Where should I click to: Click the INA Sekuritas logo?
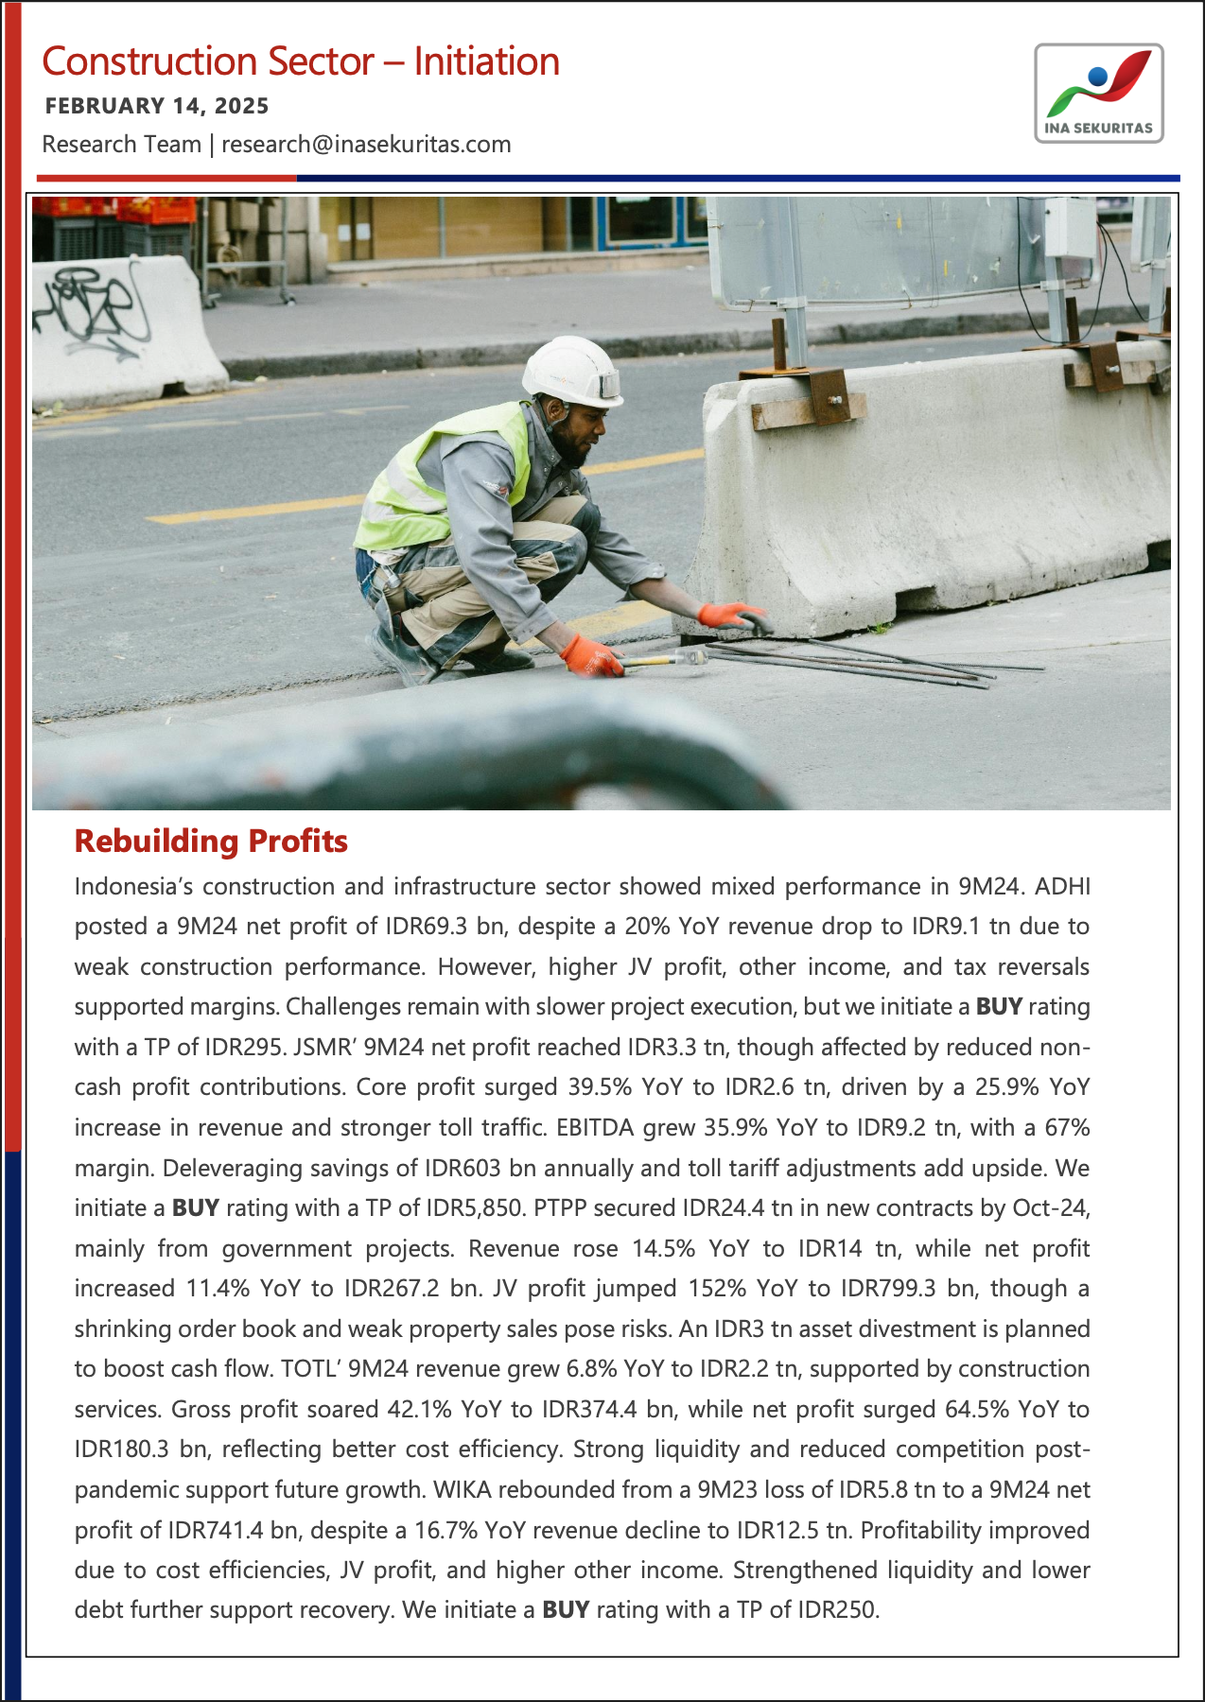point(1098,93)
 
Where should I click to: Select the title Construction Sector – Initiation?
point(301,62)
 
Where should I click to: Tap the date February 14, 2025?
point(157,106)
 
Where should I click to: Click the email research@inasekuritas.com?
point(366,145)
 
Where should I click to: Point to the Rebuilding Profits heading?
point(211,841)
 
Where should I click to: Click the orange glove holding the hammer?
point(590,655)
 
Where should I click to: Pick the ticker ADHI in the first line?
point(1062,887)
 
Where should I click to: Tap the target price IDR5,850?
point(477,1208)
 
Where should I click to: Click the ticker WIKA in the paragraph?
point(461,1490)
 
